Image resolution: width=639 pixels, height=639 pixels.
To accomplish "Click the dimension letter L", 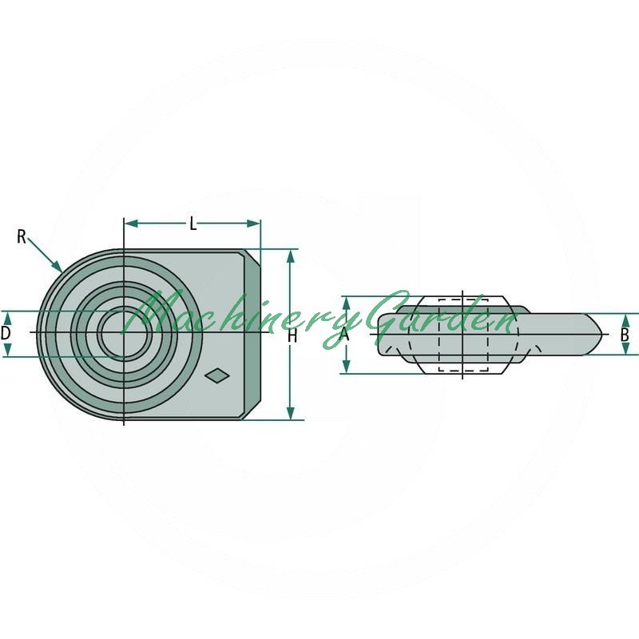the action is tap(193, 224).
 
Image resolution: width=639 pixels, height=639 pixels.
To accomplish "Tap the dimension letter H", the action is tap(292, 336).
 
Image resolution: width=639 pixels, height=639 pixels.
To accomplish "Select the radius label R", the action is tap(22, 236).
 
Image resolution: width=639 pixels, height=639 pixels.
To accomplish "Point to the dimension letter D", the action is tap(6, 333).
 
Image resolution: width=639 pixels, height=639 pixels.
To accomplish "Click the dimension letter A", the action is tap(344, 334).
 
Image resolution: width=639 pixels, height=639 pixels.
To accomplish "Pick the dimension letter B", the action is tap(625, 335).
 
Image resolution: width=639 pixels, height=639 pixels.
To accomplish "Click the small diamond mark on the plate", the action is tap(217, 375).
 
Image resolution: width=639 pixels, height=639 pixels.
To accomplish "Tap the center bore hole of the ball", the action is tap(125, 332).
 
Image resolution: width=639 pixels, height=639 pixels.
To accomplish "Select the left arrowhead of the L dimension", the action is tap(131, 224).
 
